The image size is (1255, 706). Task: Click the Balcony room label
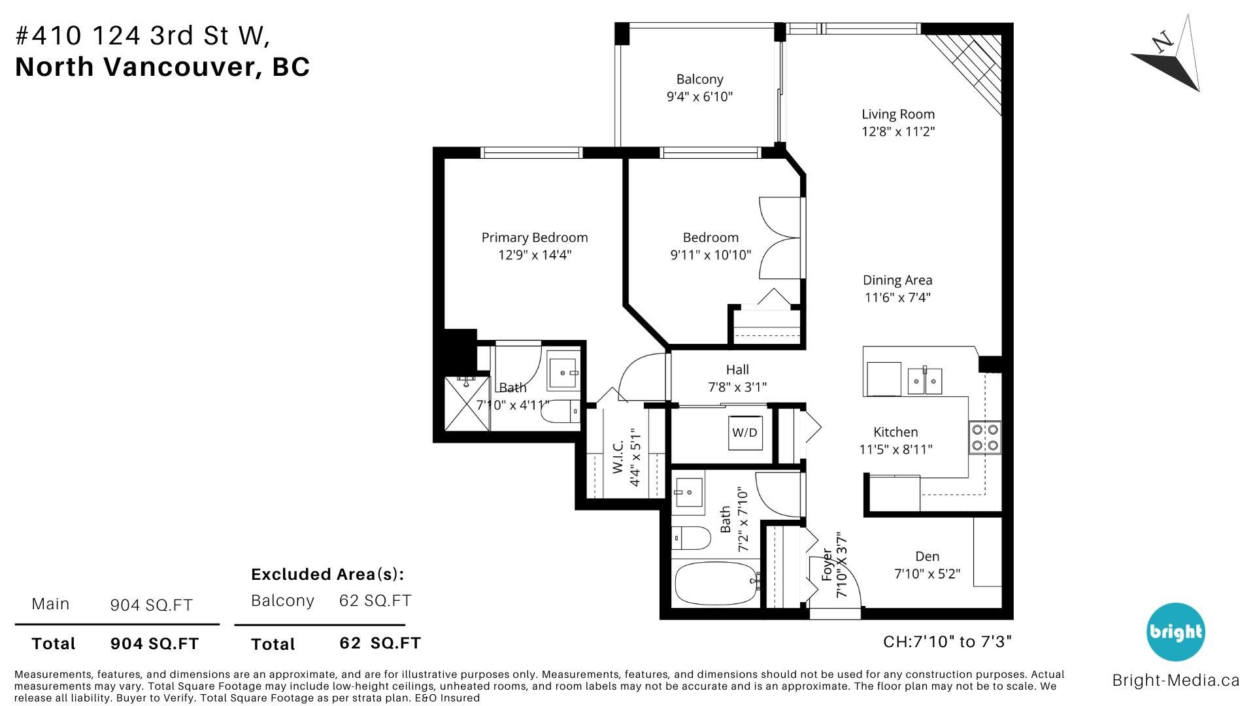coord(699,79)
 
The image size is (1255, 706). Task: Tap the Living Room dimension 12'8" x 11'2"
coord(898,131)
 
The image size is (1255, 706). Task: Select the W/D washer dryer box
coord(745,432)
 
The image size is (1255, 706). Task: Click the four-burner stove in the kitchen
coord(985,437)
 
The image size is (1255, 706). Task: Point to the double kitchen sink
coord(925,380)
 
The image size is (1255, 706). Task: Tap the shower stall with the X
coord(467,403)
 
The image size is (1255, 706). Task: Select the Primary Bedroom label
coord(535,237)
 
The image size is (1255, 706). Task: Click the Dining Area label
coord(897,280)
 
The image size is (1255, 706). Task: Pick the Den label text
coord(927,556)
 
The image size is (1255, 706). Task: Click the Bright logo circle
coord(1175,631)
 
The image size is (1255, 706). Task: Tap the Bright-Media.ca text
coord(1175,681)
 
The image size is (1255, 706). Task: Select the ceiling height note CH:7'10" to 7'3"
coord(947,641)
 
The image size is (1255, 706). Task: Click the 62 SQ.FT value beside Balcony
coord(375,600)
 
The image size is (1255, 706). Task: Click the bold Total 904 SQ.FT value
coord(154,643)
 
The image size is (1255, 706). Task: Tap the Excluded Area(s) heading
coord(327,574)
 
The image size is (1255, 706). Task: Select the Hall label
coord(737,369)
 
